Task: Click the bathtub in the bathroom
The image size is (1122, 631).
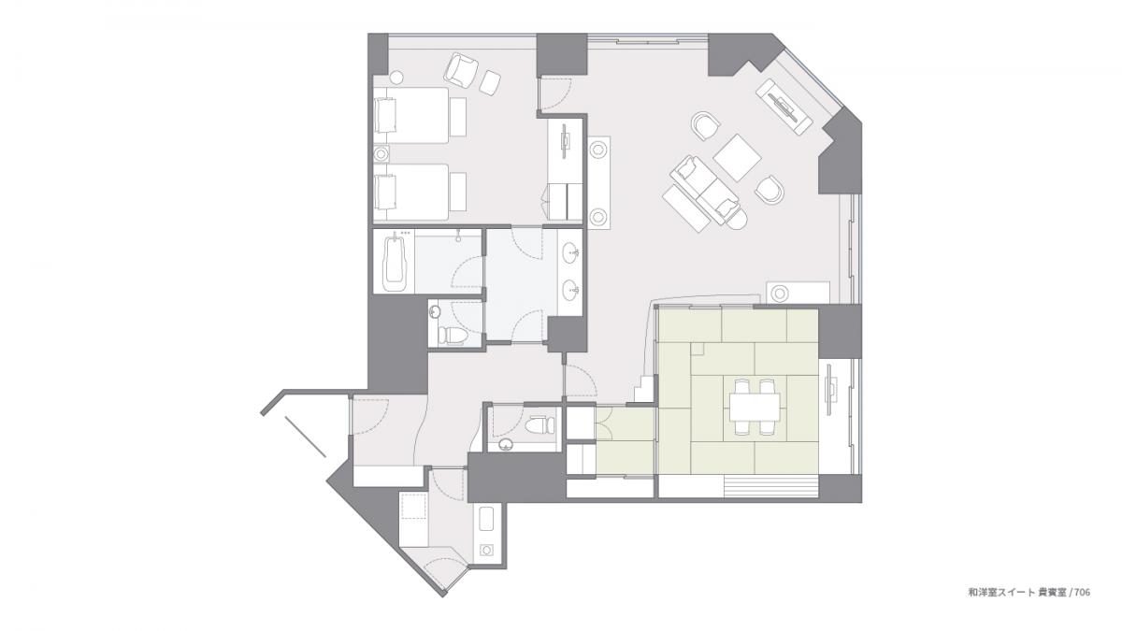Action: [396, 262]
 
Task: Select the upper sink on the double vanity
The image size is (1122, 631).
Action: [571, 252]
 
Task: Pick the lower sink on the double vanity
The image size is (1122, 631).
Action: [571, 290]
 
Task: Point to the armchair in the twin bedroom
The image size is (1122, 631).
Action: [461, 69]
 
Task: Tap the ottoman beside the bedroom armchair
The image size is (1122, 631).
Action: [490, 82]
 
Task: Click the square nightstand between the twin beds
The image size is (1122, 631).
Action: [381, 153]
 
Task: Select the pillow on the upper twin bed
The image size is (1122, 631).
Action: [385, 115]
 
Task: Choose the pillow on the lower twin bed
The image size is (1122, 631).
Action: [385, 191]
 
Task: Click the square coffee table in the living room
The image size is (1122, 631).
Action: [737, 158]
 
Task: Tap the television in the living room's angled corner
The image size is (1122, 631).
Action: [784, 107]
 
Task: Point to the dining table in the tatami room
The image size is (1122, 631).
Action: [755, 407]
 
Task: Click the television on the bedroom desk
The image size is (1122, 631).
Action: [565, 142]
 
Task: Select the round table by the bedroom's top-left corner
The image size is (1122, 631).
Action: [396, 77]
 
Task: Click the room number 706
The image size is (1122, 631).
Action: [1082, 593]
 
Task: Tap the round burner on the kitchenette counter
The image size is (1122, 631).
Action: [487, 550]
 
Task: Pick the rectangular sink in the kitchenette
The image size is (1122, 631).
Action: [487, 520]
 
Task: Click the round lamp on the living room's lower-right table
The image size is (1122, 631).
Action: [780, 294]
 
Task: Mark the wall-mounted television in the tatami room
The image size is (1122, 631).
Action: [829, 389]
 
